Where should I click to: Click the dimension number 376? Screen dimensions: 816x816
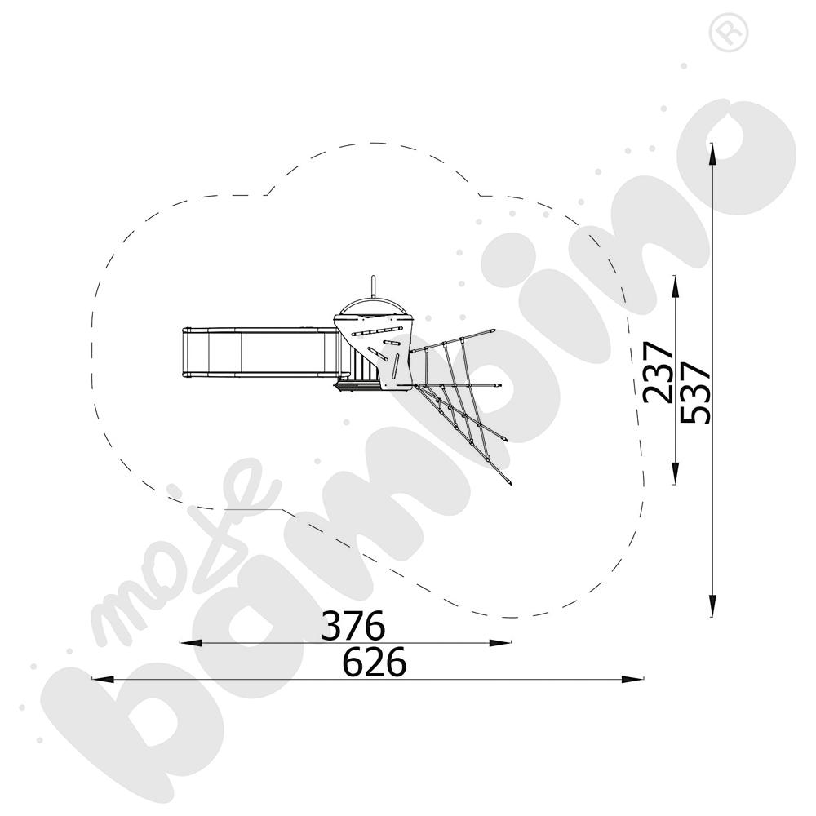click(353, 625)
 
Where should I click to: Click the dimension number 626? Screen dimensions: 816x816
click(375, 662)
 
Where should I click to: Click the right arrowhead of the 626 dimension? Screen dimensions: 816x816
click(632, 679)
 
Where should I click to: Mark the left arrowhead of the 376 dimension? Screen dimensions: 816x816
click(190, 643)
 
